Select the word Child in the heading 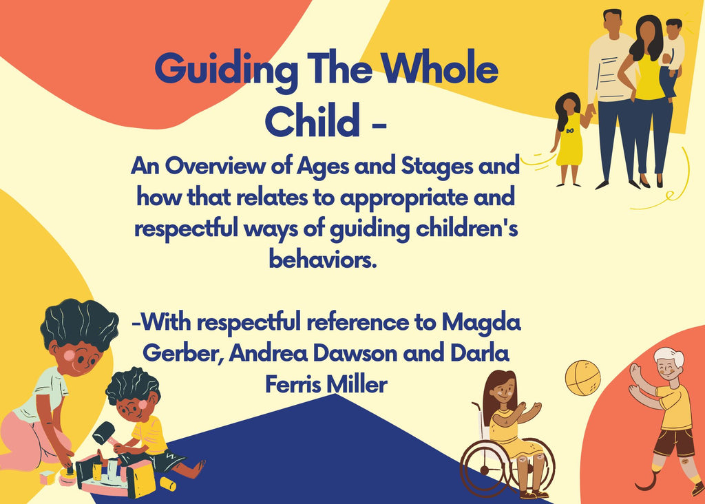point(313,120)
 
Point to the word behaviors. point(322,260)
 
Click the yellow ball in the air point(582,378)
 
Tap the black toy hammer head point(103,432)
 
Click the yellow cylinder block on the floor point(168,484)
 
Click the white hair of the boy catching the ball point(671,357)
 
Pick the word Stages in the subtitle point(436,167)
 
